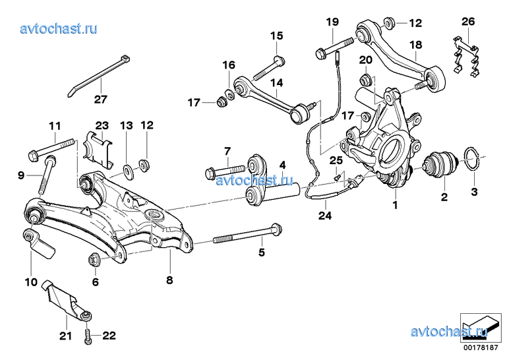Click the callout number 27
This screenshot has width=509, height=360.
coord(101,99)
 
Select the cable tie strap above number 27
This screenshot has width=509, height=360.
coord(98,76)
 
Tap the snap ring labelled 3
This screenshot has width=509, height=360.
coord(473,158)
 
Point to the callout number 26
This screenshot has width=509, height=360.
coord(468,22)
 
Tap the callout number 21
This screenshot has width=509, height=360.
coord(65,336)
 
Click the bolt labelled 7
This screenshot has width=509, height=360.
coord(225,171)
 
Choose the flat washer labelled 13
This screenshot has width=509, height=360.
coord(127,170)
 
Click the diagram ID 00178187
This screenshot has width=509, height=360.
coord(481,347)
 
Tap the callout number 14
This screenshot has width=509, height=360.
coord(276,83)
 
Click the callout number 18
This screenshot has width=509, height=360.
coord(416,45)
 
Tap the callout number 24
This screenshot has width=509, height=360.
coord(325,215)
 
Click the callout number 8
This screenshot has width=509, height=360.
coord(169,280)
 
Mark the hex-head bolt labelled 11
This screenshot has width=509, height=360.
coord(52,150)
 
